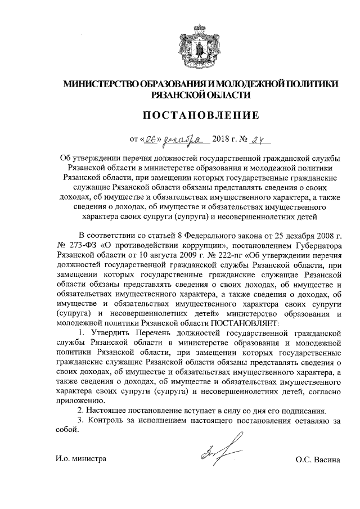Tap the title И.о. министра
pyautogui.click(x=81, y=458)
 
